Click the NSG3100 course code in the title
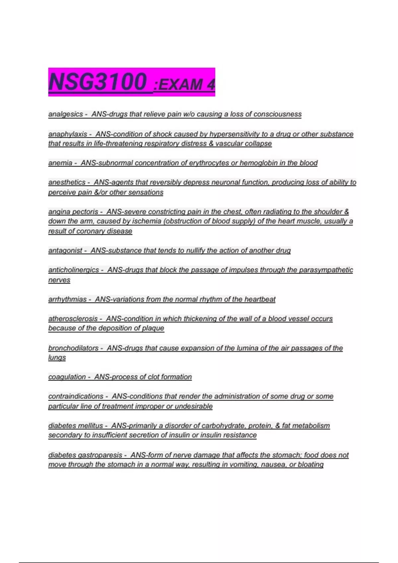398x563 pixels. tap(98, 81)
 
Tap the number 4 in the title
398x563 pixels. tap(211, 85)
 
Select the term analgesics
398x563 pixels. tap(66, 114)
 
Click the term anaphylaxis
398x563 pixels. tap(68, 134)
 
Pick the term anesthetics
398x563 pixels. tap(67, 182)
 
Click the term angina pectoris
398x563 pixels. tap(73, 212)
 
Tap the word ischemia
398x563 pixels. tap(147, 221)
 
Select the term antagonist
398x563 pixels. tap(65, 251)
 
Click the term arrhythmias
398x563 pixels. tap(68, 299)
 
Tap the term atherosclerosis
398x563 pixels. tap(73, 319)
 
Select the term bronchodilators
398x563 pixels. tap(73, 348)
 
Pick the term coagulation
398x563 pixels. tap(67, 377)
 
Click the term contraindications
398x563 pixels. tap(76, 396)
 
